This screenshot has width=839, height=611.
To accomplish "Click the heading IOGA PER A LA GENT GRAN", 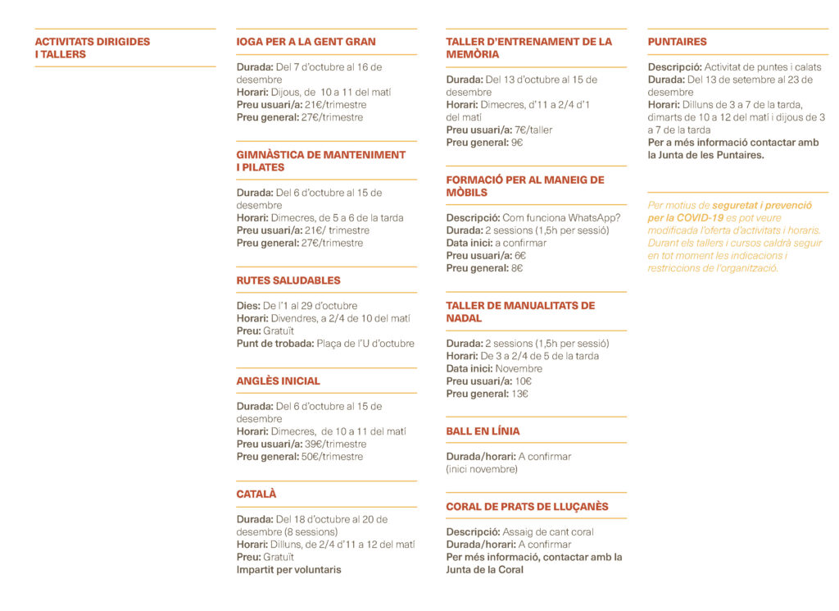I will pyautogui.click(x=306, y=42).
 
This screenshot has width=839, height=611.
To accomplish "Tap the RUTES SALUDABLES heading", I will pyautogui.click(x=288, y=280).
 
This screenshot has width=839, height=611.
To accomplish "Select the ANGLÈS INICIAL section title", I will pyautogui.click(x=279, y=381).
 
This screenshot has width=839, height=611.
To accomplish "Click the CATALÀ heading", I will pyautogui.click(x=256, y=495).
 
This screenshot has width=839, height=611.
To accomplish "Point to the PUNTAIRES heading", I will pyautogui.click(x=677, y=42).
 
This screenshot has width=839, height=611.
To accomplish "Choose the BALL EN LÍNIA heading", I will pyautogui.click(x=483, y=431).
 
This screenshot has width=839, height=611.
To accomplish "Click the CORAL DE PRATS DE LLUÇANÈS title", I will pyautogui.click(x=527, y=507).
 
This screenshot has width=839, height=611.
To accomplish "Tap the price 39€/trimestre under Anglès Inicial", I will pyautogui.click(x=336, y=445).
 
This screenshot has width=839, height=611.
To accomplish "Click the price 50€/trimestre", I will pyautogui.click(x=333, y=457).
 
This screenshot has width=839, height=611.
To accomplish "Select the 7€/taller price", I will pyautogui.click(x=534, y=130).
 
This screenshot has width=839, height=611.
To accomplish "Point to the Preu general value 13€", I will pyautogui.click(x=520, y=394).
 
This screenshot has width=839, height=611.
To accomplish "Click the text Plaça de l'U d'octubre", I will pyautogui.click(x=365, y=344).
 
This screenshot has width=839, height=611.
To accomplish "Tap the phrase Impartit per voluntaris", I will pyautogui.click(x=289, y=570).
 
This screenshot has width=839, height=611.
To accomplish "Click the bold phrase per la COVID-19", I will pyautogui.click(x=685, y=218).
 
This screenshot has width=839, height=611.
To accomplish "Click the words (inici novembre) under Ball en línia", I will pyautogui.click(x=482, y=470).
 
